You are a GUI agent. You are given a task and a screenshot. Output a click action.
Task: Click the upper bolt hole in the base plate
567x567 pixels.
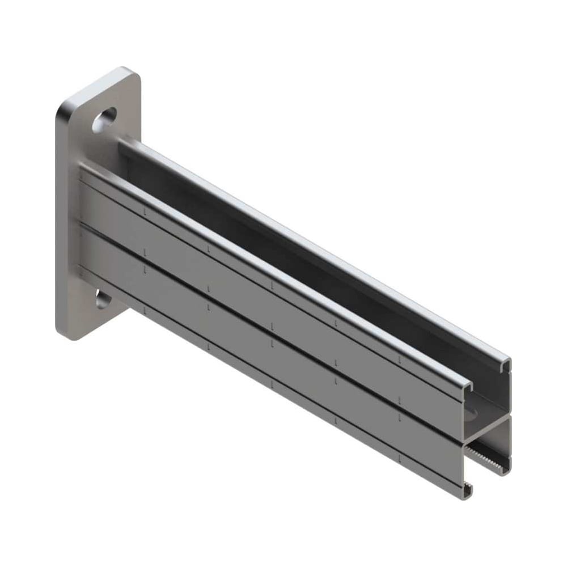(x=104, y=120)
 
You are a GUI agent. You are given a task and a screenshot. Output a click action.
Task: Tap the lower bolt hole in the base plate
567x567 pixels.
(x=103, y=299)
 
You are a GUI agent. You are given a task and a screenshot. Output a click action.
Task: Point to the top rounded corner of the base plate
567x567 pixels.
(x=126, y=72)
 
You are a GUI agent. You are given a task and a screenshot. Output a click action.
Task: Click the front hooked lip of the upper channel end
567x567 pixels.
(x=467, y=387)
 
